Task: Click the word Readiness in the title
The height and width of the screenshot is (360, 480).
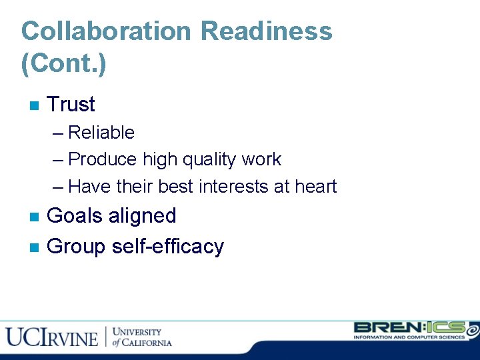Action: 267,31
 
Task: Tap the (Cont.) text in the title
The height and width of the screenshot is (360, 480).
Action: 64,64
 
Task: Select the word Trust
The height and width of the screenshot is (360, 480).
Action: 71,105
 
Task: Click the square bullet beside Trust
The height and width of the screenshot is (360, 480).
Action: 35,105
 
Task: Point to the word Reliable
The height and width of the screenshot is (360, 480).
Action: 101,133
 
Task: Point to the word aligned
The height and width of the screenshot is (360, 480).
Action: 143,216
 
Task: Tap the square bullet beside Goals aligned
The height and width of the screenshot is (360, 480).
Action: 35,217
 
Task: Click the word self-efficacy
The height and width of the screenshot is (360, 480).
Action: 168,247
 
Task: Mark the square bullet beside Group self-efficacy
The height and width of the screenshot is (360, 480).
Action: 35,247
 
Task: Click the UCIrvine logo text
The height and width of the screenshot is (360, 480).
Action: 52,337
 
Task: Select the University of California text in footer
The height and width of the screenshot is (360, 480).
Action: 141,337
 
